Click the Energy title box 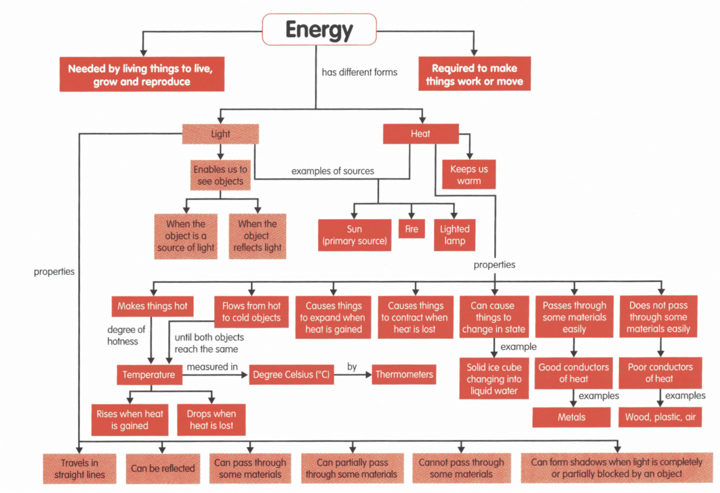[319, 30]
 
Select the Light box [220, 134]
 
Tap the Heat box [420, 134]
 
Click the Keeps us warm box [469, 175]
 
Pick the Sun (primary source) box [354, 235]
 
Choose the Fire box [411, 229]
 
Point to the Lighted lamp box [455, 235]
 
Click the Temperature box [149, 375]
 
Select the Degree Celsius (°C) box [291, 375]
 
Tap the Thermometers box [404, 374]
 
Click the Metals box [571, 417]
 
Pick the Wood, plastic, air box [660, 417]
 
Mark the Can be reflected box [163, 468]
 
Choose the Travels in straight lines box [80, 469]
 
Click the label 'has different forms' [360, 73]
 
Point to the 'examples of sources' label [333, 171]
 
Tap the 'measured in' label [212, 367]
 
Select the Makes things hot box [152, 306]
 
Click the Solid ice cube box [494, 379]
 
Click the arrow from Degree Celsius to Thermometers [353, 375]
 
